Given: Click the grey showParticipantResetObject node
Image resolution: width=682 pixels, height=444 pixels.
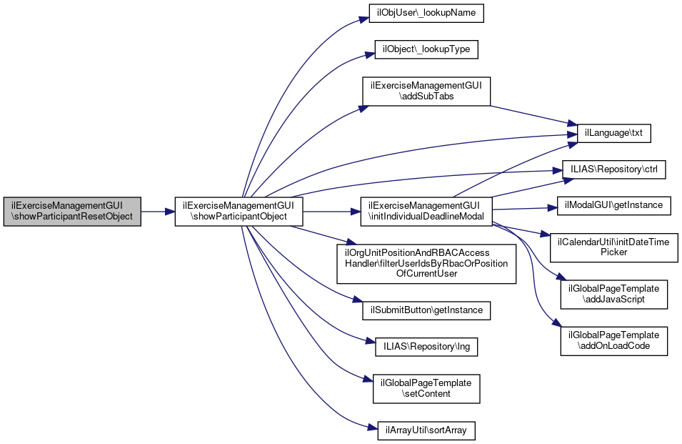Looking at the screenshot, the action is coord(72,212).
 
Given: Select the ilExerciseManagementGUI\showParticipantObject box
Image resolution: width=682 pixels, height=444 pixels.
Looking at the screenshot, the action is coord(239,212).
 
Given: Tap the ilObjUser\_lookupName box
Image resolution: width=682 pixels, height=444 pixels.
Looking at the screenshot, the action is coord(426,13).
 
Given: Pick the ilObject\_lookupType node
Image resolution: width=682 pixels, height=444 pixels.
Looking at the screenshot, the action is coord(426,49).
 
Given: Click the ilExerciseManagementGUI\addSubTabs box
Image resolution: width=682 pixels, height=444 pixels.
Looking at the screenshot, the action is coord(426,91).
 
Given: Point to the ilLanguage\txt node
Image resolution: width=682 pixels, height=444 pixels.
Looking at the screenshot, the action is coord(613,133).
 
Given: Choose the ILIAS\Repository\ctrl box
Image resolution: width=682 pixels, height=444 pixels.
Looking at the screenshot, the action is coord(613,169).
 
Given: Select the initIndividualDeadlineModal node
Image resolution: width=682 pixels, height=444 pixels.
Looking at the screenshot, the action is coord(426,212).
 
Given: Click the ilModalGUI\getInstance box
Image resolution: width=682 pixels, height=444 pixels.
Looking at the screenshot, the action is coord(613,205).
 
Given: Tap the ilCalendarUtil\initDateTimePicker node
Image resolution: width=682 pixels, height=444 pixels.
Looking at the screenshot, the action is coord(613,247).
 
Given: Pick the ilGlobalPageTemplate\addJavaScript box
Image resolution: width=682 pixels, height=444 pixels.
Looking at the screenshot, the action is coord(613,295).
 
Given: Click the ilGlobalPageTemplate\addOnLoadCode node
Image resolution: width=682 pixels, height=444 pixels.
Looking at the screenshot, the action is coord(613,341).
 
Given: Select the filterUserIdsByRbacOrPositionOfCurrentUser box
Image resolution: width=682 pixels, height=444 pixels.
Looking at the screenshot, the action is coord(426,264).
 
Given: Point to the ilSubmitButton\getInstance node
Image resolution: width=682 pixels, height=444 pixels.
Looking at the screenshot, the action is coord(426,310).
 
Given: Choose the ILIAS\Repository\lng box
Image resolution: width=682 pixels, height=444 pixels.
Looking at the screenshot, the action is coord(426,347).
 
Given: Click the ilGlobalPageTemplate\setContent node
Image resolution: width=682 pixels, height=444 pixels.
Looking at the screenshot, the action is coord(426,389).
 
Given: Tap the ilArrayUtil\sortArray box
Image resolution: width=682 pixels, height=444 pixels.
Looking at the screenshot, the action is coord(426,430).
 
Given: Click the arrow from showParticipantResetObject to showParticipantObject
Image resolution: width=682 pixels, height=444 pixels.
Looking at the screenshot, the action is coord(158,212).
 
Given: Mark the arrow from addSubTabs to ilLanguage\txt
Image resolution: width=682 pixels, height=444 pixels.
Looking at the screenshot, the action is coord(533,115).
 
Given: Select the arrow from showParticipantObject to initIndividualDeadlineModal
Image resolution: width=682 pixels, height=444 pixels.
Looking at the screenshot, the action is coord(332,212).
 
